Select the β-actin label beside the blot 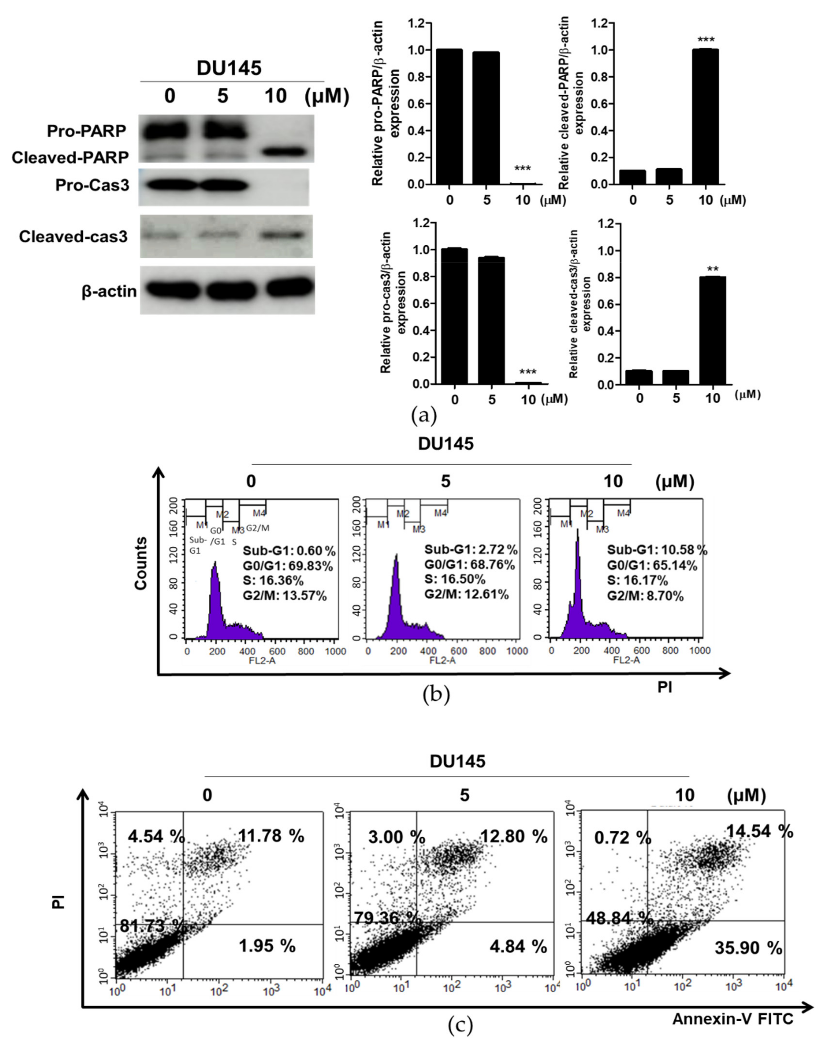(109, 292)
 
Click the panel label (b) (436, 696)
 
